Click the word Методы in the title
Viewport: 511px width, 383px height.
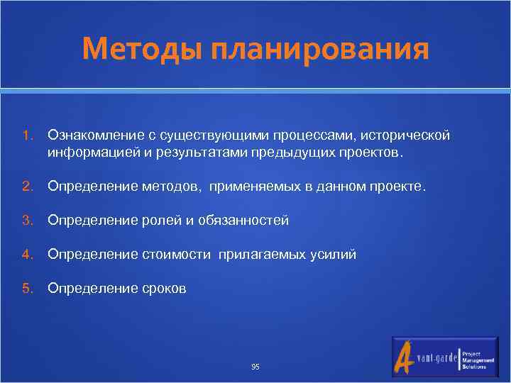click(x=133, y=50)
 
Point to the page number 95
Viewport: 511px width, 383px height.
click(x=255, y=367)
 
